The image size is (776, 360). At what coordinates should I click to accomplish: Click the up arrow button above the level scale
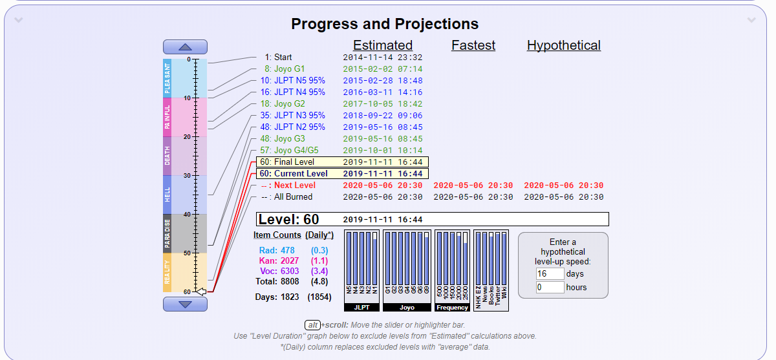[x=185, y=47]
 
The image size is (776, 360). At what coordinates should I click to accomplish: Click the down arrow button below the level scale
[x=185, y=304]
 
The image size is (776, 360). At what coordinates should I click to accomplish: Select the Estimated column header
[x=383, y=45]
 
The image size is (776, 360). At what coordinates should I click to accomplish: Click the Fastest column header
[x=473, y=45]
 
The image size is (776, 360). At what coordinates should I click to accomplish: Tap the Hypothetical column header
[x=564, y=45]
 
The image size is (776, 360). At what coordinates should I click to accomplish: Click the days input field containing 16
[x=550, y=274]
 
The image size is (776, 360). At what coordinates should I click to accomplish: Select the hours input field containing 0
[x=550, y=287]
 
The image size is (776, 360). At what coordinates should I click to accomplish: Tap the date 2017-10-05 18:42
[x=383, y=104]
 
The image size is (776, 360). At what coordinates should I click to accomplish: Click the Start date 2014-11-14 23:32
[x=383, y=58]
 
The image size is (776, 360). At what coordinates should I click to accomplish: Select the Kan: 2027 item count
[x=280, y=260]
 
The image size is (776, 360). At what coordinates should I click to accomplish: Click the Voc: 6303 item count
[x=280, y=271]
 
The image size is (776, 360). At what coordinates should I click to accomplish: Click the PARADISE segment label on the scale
[x=167, y=233]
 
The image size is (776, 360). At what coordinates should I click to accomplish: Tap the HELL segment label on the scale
[x=167, y=195]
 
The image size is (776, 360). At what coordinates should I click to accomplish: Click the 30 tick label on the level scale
[x=188, y=176]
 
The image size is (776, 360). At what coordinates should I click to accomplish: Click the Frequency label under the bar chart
[x=452, y=308]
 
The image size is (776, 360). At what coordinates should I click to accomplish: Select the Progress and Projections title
[x=385, y=25]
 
